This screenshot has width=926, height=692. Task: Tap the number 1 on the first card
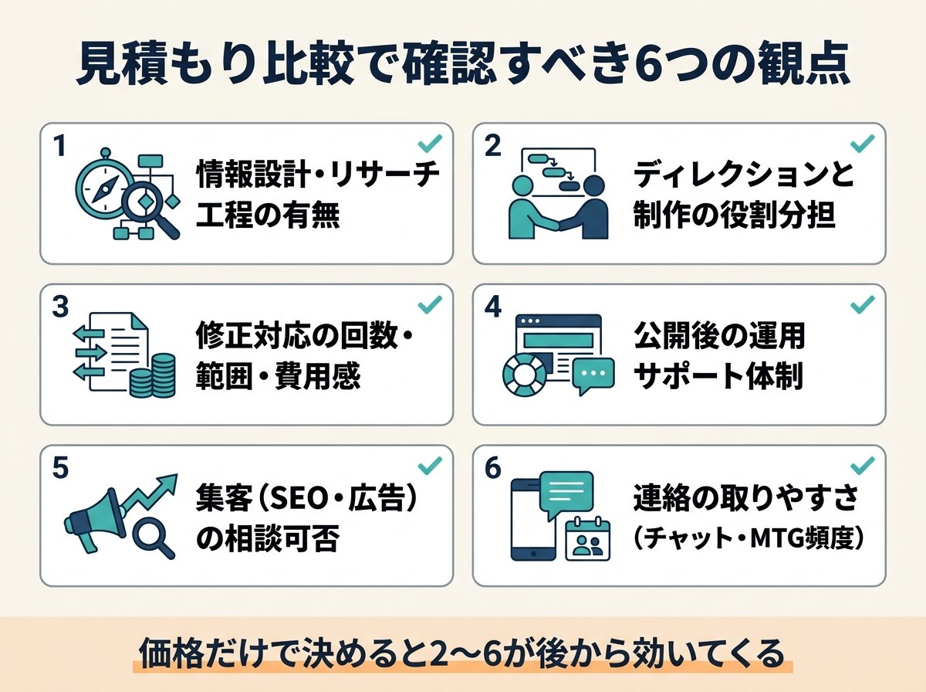tap(60, 146)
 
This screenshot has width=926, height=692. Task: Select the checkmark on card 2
tap(863, 144)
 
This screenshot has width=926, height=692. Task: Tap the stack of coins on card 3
tap(153, 376)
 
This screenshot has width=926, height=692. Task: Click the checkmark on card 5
tap(430, 465)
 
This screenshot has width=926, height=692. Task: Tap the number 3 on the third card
tap(60, 307)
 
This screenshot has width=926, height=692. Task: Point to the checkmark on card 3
tap(430, 305)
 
